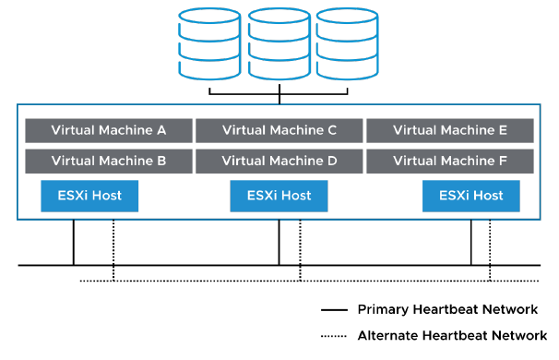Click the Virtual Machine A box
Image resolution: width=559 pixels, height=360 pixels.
click(x=108, y=130)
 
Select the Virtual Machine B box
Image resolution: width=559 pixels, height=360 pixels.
click(x=108, y=160)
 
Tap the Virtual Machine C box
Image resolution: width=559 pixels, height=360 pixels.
click(x=279, y=130)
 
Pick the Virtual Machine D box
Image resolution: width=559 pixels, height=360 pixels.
click(x=279, y=160)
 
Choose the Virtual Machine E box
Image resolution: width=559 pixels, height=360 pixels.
click(x=449, y=130)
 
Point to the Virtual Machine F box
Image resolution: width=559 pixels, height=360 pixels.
click(x=449, y=160)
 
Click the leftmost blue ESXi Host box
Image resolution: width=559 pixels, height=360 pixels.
click(x=89, y=196)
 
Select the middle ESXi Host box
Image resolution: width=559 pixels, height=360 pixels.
click(x=279, y=196)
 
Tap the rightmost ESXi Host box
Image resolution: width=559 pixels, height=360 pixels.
click(x=470, y=196)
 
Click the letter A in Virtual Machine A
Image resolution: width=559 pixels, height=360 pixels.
click(x=161, y=130)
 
